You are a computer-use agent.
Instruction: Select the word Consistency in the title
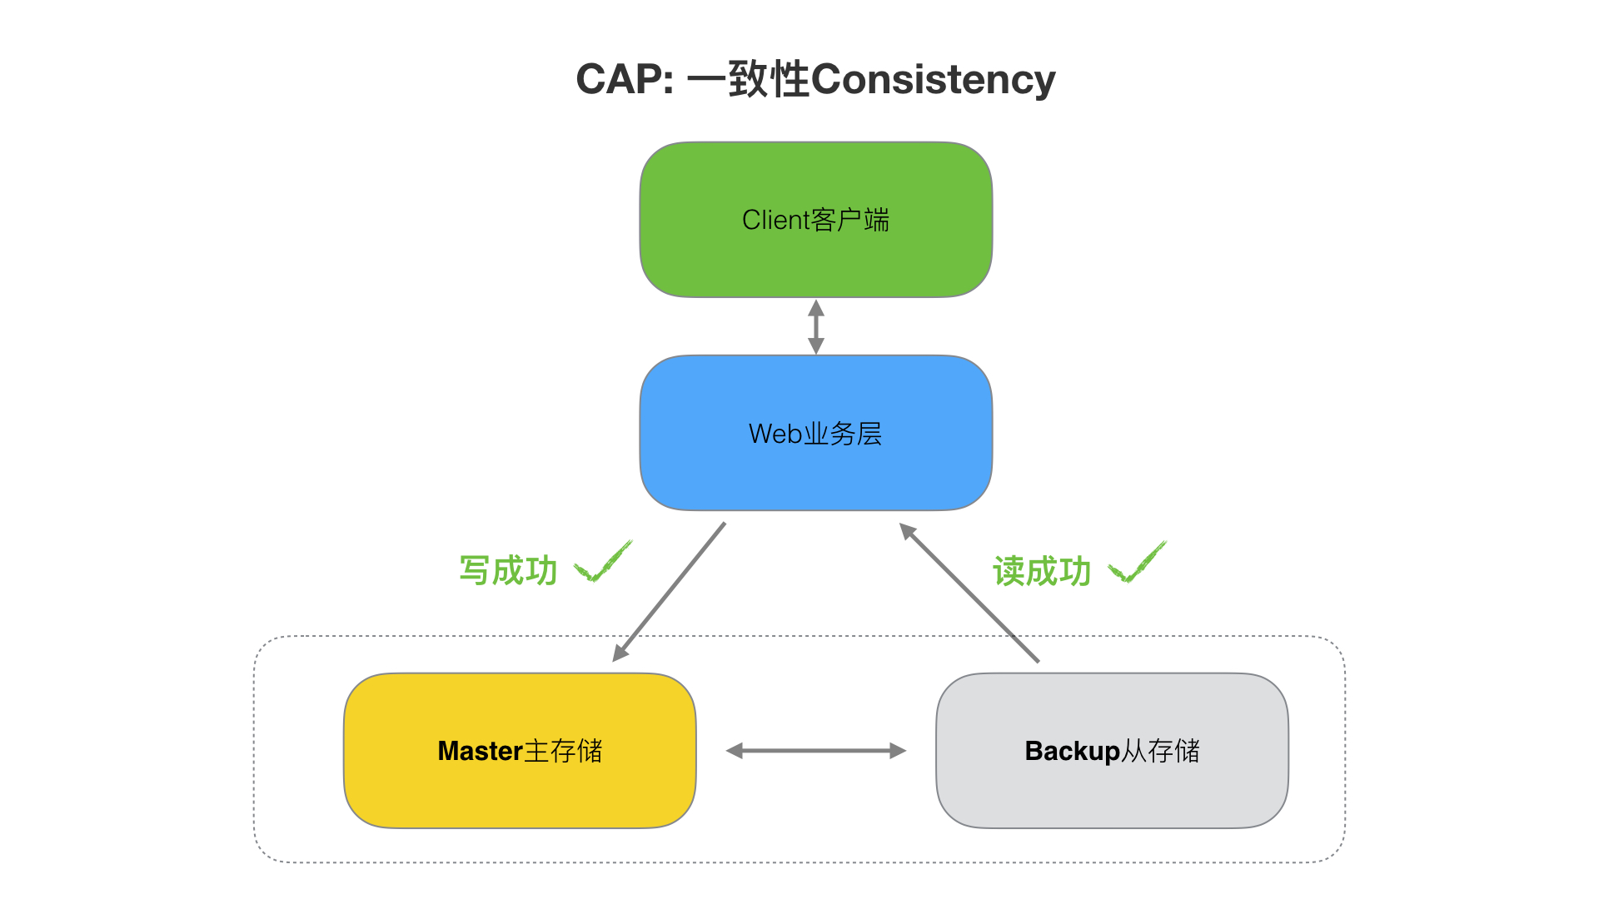(x=933, y=81)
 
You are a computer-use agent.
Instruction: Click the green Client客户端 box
(x=816, y=220)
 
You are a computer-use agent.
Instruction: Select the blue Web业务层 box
(x=816, y=433)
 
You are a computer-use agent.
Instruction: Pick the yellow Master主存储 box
(x=520, y=751)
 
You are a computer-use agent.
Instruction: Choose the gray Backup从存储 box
(x=1113, y=751)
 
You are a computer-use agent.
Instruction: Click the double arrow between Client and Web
(x=816, y=326)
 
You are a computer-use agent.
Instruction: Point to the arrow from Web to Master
(x=670, y=592)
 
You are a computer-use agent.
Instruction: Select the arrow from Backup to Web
(x=969, y=593)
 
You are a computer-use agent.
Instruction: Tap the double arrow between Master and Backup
(x=816, y=751)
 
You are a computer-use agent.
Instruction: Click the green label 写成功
(x=508, y=571)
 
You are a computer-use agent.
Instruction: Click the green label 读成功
(x=1042, y=572)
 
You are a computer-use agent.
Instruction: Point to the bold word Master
(x=481, y=751)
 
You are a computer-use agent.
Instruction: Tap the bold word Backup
(x=1073, y=752)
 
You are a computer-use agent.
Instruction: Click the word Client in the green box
(x=776, y=220)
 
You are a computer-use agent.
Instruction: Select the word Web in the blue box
(x=775, y=434)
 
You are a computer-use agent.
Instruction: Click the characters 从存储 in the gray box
(x=1161, y=751)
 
